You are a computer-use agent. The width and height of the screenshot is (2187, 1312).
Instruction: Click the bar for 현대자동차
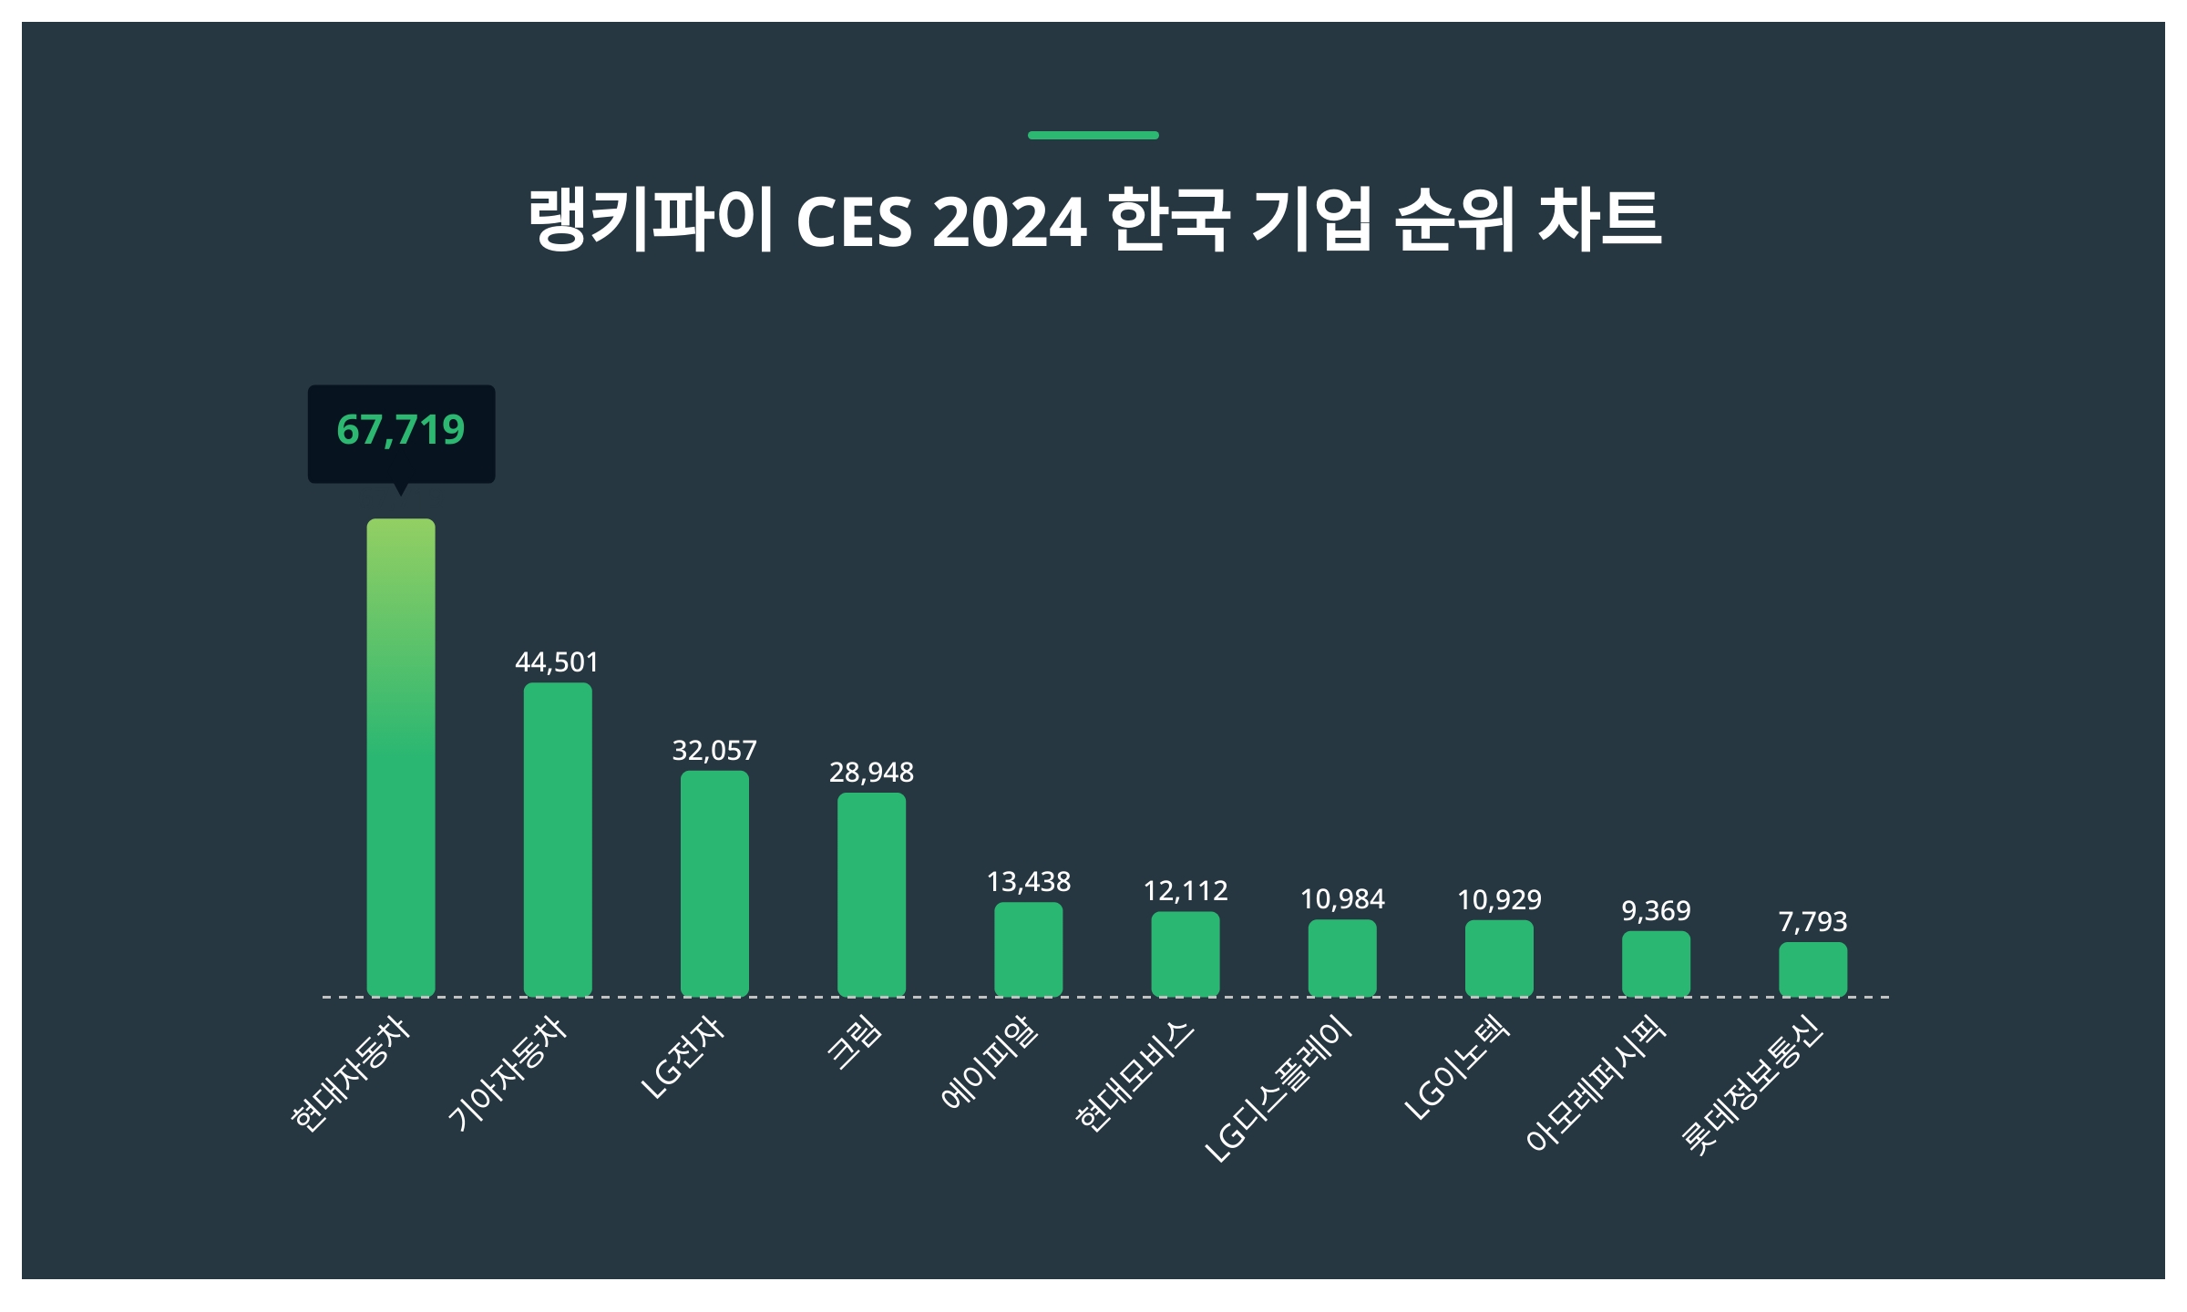[401, 757]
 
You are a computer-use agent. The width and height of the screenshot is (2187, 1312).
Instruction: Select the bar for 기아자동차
[558, 839]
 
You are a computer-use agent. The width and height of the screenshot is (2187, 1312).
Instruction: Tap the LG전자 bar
[714, 883]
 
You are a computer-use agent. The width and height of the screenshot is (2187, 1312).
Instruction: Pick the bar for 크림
[871, 894]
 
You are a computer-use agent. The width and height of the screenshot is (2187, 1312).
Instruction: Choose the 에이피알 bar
[1028, 948]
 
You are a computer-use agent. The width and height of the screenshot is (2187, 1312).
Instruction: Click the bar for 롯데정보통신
[1812, 969]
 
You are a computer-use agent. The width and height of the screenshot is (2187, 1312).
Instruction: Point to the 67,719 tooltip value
[401, 430]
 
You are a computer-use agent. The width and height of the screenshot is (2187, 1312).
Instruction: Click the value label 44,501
[557, 662]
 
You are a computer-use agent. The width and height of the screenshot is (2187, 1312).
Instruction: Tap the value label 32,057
[714, 751]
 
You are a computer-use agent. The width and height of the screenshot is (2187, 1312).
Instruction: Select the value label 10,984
[1342, 900]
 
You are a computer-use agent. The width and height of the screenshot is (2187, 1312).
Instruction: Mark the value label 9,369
[1656, 911]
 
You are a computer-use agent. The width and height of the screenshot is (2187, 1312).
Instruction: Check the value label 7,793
[1812, 922]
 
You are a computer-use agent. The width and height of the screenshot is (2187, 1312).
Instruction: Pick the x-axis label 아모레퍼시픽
[1595, 1084]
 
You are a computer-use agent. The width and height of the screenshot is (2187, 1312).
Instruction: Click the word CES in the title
[854, 222]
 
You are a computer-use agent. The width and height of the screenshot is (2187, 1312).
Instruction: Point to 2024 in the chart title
[1009, 222]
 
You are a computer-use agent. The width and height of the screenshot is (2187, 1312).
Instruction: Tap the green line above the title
[1093, 135]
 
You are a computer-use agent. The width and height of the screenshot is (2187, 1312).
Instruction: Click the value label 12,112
[1185, 891]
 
